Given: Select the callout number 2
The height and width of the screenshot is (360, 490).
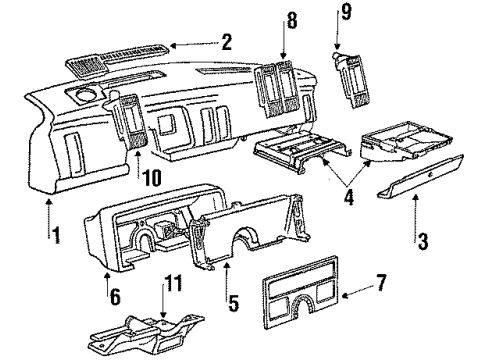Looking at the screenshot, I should pos(227,43).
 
